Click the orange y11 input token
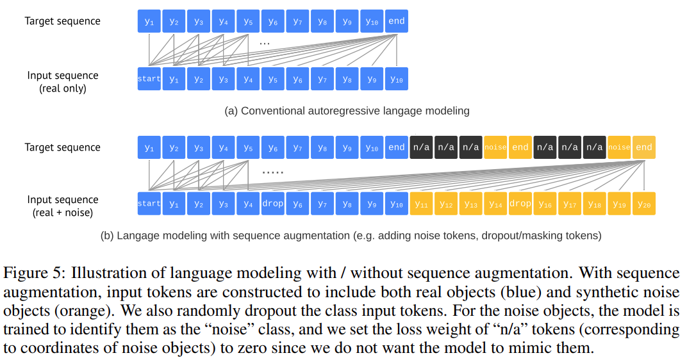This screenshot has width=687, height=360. point(422,204)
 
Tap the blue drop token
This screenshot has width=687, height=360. point(272,204)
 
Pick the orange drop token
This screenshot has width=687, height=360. point(520,204)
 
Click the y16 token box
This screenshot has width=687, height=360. point(545,204)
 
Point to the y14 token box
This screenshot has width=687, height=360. point(495,204)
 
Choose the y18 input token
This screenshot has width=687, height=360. point(594,204)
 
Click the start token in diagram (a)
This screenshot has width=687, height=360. point(149,79)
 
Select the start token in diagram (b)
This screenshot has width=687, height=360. point(149,204)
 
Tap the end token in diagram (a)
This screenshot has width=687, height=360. point(396,21)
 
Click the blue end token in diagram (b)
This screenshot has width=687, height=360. point(396,147)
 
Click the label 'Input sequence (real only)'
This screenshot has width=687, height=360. point(63,82)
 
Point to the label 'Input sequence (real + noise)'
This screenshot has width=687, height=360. point(63,206)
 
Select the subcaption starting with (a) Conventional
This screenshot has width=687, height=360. point(347,111)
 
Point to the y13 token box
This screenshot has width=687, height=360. point(470,204)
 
